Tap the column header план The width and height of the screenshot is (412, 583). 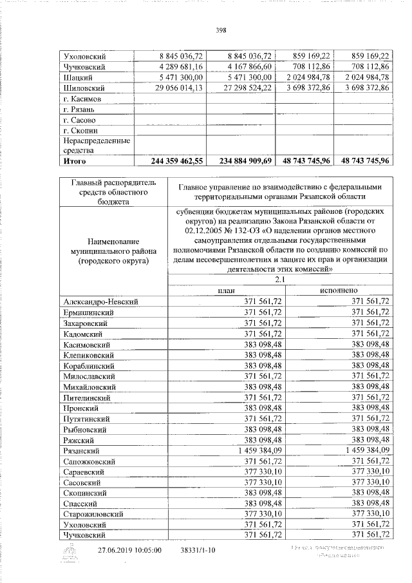(x=226, y=290)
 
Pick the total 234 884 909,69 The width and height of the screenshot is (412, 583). (x=240, y=161)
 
